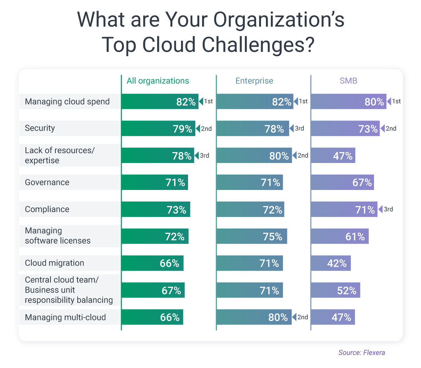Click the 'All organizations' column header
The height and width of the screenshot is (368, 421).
click(x=158, y=81)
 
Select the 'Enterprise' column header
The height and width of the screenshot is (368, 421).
click(x=254, y=81)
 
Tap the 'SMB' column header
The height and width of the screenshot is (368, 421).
click(x=348, y=81)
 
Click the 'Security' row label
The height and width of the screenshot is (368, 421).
click(x=40, y=128)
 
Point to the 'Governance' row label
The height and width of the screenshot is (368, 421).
click(x=47, y=183)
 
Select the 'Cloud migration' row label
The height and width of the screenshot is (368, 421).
click(x=54, y=263)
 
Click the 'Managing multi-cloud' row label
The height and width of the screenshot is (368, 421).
click(x=65, y=318)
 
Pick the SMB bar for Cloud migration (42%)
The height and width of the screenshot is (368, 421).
click(x=331, y=263)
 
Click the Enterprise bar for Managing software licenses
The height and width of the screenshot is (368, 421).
click(x=252, y=237)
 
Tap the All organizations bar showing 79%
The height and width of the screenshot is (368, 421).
click(x=158, y=129)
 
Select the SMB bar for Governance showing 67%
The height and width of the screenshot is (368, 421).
click(x=342, y=183)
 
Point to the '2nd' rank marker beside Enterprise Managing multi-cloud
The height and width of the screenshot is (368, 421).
click(x=300, y=317)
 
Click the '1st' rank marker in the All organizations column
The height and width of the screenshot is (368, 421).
click(x=206, y=102)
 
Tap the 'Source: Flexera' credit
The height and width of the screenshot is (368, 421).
click(x=361, y=353)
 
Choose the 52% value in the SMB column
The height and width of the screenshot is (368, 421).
click(x=347, y=291)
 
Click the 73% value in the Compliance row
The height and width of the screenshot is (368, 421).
click(x=176, y=210)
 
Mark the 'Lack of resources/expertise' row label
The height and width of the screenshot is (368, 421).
click(x=60, y=155)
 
